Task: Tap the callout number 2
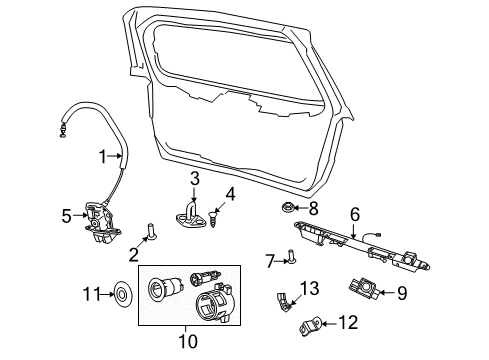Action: click(133, 254)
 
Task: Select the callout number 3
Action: click(195, 179)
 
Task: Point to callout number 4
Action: click(229, 193)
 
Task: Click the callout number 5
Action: click(67, 214)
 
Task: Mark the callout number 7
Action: click(270, 261)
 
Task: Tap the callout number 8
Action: click(312, 209)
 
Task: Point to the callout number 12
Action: click(347, 322)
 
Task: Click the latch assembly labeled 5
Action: click(99, 223)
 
